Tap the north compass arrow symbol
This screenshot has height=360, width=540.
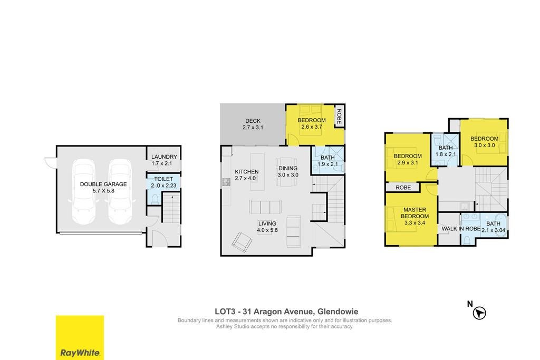(x=479, y=313)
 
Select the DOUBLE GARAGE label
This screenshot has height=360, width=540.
(x=103, y=184)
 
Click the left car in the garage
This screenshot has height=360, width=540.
(x=83, y=191)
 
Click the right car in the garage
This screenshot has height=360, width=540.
(x=120, y=191)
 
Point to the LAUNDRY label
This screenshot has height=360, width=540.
(x=165, y=157)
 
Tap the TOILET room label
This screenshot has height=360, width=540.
(x=163, y=179)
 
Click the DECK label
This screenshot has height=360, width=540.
(x=253, y=121)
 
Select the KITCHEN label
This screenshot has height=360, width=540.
(x=247, y=171)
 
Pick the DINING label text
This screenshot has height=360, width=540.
(x=288, y=168)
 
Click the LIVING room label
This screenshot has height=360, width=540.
(x=267, y=223)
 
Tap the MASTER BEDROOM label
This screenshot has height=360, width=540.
(x=414, y=213)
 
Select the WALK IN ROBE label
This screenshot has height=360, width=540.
(x=461, y=229)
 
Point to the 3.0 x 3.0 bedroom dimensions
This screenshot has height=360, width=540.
(x=485, y=145)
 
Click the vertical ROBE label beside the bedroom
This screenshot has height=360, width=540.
(x=339, y=116)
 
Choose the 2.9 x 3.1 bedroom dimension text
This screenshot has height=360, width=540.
(x=408, y=162)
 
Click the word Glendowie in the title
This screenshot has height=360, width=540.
(x=337, y=312)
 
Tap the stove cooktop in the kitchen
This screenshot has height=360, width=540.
(x=226, y=182)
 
